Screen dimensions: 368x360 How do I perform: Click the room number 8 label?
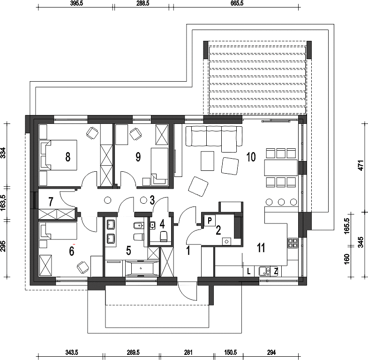68,157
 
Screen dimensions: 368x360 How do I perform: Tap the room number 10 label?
251,157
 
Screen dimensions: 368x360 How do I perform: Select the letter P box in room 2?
210,221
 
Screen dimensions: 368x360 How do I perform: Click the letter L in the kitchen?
249,272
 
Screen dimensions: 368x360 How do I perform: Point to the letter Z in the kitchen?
276,272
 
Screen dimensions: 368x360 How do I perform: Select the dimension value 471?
361,165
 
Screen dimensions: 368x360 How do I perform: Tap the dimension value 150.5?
230,352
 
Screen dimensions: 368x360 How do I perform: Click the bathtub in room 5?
140,268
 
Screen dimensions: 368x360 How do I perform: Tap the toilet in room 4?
164,237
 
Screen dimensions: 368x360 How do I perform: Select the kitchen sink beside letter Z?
265,271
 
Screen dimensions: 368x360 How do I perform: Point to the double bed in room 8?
58,155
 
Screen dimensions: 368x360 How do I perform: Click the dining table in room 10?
281,168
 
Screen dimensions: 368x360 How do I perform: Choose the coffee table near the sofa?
208,161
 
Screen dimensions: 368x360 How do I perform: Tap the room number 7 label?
51,202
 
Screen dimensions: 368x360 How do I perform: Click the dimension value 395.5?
76,3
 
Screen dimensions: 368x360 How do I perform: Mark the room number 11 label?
261,247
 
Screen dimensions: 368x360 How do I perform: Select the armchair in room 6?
83,267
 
